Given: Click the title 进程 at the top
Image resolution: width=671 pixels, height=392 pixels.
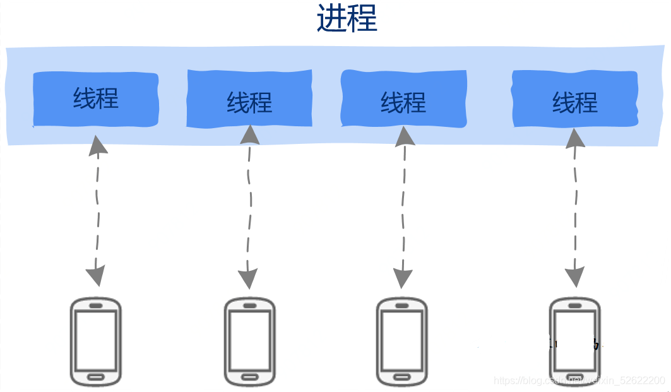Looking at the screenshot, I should click(x=347, y=20).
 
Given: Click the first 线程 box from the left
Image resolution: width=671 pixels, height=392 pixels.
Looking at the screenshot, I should click(x=96, y=100).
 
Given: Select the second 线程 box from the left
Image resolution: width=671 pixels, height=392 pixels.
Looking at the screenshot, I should click(x=249, y=101).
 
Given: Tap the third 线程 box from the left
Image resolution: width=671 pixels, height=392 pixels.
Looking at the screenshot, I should click(x=403, y=101).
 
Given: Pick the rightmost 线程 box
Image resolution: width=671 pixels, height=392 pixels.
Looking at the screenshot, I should click(x=574, y=101).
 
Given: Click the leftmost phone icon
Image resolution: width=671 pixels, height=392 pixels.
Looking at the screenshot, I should click(x=95, y=342).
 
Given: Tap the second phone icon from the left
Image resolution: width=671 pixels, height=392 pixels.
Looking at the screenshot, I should click(x=249, y=342).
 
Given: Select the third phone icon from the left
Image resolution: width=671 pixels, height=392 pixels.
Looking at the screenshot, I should click(x=402, y=342).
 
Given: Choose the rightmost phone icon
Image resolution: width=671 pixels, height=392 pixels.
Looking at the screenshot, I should click(x=574, y=342).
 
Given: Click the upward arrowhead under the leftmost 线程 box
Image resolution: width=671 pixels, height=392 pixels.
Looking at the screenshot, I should click(x=98, y=145).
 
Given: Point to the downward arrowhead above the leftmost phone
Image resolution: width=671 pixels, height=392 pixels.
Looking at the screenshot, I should click(x=95, y=276).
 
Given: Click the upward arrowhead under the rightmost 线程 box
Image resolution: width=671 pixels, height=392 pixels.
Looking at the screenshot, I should click(x=575, y=136).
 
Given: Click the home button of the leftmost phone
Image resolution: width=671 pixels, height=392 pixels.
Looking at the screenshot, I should click(x=95, y=377).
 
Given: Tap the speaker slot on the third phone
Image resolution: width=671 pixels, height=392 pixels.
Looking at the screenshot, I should click(x=402, y=306).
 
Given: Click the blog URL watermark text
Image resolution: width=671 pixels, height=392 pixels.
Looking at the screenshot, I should click(x=579, y=381).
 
